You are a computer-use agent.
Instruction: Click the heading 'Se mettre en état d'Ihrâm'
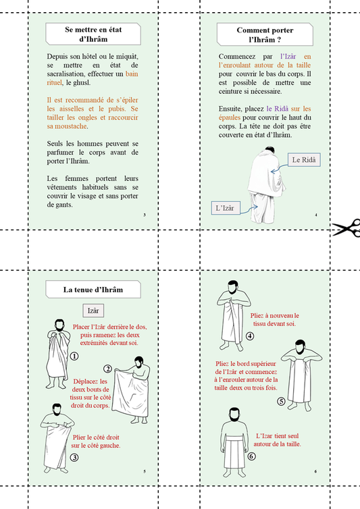pyautogui.click(x=93, y=34)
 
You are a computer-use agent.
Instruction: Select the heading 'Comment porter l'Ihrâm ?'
pyautogui.click(x=265, y=34)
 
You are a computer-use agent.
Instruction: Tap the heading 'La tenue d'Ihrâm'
pyautogui.click(x=93, y=290)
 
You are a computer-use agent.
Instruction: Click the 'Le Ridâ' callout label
pyautogui.click(x=303, y=160)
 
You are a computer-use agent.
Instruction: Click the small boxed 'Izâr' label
pyautogui.click(x=93, y=311)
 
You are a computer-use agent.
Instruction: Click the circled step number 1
pyautogui.click(x=74, y=356)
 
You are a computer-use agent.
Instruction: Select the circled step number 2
pyautogui.click(x=107, y=369)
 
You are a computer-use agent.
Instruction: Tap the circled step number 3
pyautogui.click(x=74, y=458)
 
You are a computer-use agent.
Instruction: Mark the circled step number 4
pyautogui.click(x=249, y=336)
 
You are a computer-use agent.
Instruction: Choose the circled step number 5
pyautogui.click(x=281, y=401)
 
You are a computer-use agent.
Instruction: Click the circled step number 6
pyautogui.click(x=251, y=456)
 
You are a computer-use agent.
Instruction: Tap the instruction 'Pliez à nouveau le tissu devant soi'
pyautogui.click(x=274, y=319)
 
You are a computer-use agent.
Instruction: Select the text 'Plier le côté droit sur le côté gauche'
pyautogui.click(x=95, y=441)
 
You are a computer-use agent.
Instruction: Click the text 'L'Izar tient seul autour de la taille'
pyautogui.click(x=278, y=440)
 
